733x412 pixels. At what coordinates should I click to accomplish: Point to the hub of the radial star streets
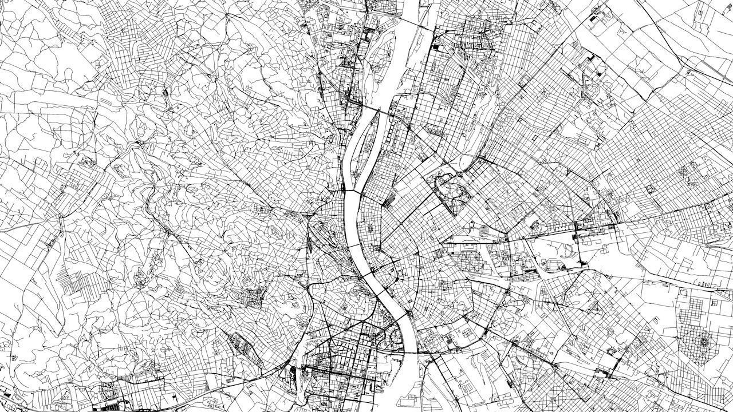[702, 342]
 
